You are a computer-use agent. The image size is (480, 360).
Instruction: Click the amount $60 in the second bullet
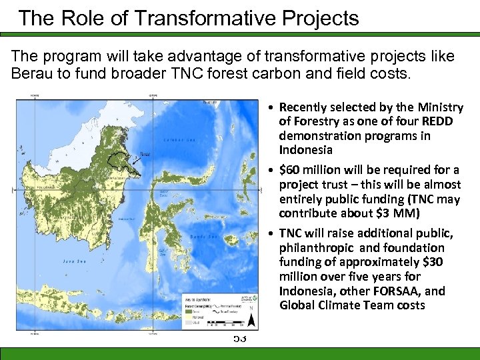293,169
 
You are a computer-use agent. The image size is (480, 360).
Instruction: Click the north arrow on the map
251,321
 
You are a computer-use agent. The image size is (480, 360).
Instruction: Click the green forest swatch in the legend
191,310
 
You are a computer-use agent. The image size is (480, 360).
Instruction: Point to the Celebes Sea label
177,140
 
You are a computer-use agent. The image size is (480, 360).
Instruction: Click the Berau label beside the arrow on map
137,153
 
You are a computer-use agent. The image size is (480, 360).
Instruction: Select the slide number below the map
240,339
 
